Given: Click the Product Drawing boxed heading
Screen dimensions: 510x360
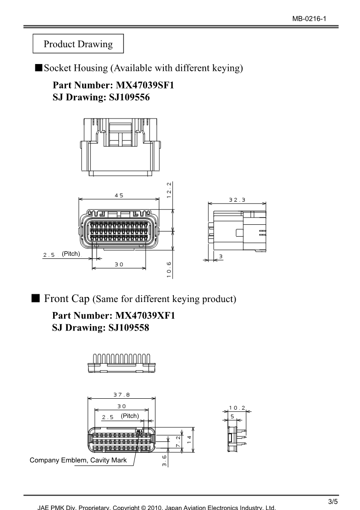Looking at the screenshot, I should (x=78, y=44).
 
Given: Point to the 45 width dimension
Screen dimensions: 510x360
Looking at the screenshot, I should (x=118, y=195).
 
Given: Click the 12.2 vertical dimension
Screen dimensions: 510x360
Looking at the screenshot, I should (x=168, y=190).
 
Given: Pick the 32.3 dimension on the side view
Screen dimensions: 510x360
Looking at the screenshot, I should (x=237, y=199).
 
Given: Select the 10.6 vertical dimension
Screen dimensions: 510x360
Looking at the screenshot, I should (x=168, y=269).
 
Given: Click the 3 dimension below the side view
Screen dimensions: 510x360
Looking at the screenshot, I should (x=221, y=257).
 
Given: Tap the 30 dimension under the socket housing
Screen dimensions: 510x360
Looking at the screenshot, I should (x=118, y=264).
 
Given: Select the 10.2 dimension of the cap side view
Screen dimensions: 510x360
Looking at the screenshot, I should (x=237, y=407).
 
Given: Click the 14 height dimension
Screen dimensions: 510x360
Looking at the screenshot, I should (x=189, y=440).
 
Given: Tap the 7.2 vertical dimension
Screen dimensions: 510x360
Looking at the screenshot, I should (x=178, y=440).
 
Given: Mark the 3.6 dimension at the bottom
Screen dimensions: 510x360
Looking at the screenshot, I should (x=165, y=460).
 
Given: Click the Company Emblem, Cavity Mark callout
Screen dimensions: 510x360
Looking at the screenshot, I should (x=78, y=460).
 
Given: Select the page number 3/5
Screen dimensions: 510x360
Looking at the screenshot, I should (x=333, y=501).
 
